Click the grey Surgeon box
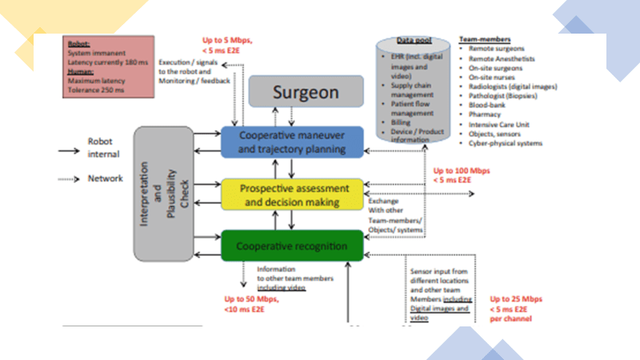[294, 92]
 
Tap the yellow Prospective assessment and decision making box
[292, 194]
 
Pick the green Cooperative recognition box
[292, 245]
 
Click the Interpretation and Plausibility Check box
[163, 193]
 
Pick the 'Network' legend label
[105, 179]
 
